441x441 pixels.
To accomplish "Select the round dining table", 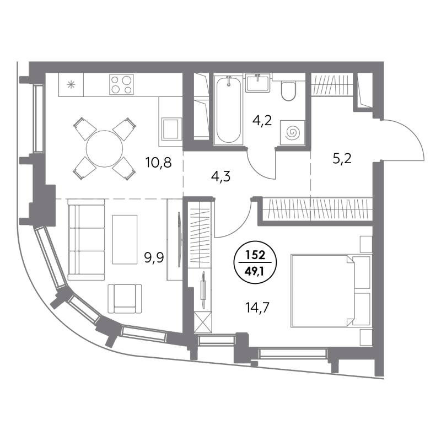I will tap(105, 147).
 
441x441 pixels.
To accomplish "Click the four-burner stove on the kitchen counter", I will tap(121, 85).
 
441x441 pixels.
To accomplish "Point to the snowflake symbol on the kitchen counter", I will tap(71, 84).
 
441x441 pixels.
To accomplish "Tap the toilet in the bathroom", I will tap(288, 90).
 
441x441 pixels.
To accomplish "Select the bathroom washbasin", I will tap(257, 83).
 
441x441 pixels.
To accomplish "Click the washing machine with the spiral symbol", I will tap(292, 132).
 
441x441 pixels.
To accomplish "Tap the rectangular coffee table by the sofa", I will tap(125, 239).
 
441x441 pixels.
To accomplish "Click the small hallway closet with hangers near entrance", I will tap(331, 85).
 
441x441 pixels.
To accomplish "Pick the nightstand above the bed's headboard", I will tap(365, 243).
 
